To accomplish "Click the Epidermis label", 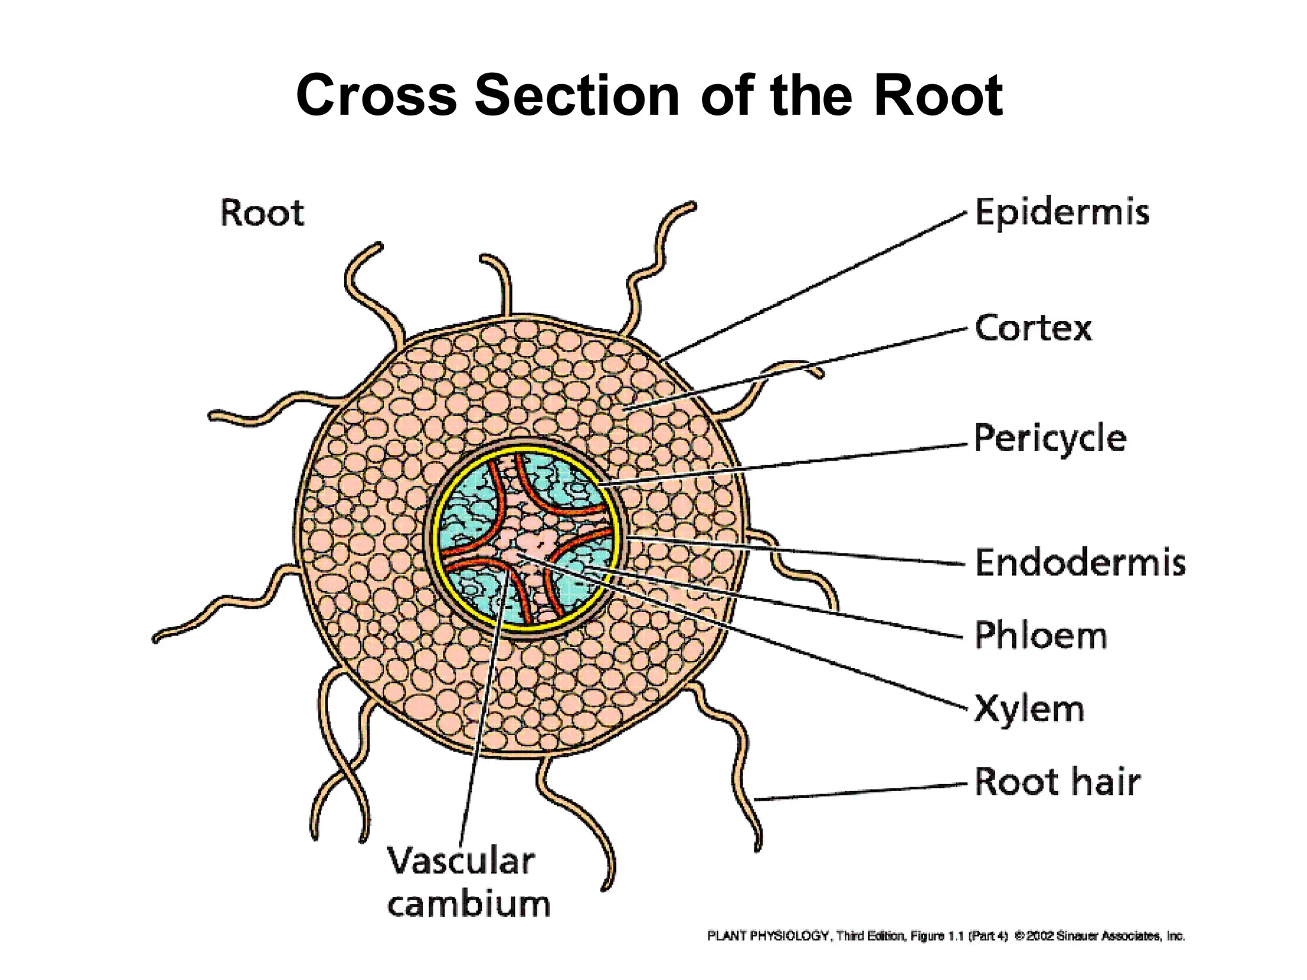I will [1062, 212].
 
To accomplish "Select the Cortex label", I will [1033, 329].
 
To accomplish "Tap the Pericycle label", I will [1050, 439].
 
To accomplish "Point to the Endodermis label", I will [1080, 563].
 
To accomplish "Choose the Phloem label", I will [1040, 635].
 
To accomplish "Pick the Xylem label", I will [1029, 708].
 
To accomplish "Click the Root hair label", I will [1057, 782].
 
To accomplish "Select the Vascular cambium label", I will [468, 883].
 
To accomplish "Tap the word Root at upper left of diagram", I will [262, 213].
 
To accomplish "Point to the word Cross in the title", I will [377, 96].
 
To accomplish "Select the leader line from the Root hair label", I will [862, 791].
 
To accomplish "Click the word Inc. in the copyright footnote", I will [1176, 936].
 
